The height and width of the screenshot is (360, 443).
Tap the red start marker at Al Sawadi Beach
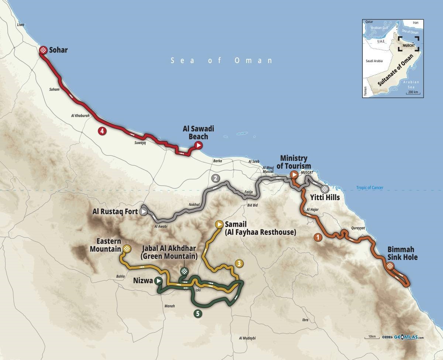coord(199,145)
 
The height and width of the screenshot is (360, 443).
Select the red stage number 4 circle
coord(101,130)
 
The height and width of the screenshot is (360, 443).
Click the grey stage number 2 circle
coord(216,178)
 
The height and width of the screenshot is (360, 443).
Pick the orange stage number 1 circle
coord(317,237)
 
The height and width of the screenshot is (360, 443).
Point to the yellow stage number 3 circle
coord(239,263)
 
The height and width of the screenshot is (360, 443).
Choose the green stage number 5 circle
coord(198,314)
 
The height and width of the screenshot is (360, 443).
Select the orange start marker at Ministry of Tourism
coord(294,175)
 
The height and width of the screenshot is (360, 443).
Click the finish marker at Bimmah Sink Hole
coord(390,266)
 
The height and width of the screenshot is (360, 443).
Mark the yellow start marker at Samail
coord(219,224)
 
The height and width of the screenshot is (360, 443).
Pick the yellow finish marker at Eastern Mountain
coord(127,249)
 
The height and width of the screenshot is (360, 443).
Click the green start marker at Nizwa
coord(158,281)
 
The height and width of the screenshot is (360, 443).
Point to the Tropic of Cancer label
coord(370,188)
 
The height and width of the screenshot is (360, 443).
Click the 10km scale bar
coord(371,337)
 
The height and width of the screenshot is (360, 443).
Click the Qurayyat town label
coord(358,228)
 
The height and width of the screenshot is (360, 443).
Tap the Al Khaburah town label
coord(80,116)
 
